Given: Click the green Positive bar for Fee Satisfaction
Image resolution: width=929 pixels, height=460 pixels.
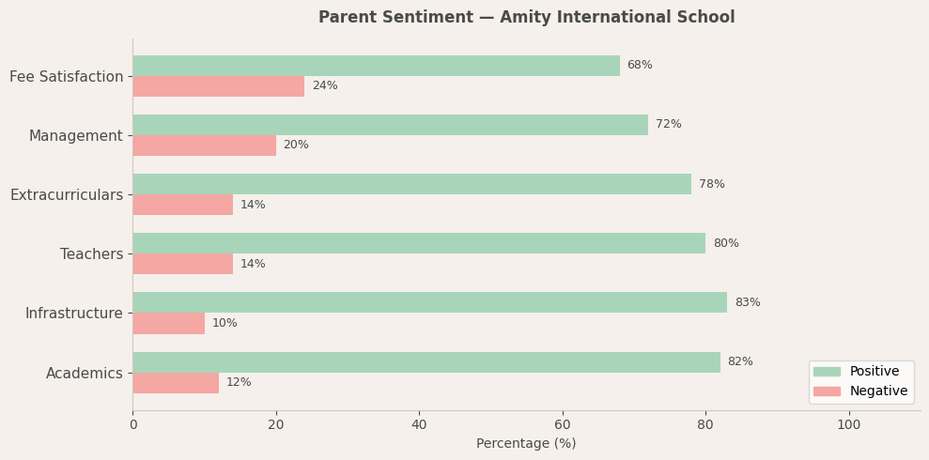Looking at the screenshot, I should click(376, 66).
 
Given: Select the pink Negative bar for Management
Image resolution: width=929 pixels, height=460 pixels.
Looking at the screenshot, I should click(204, 146).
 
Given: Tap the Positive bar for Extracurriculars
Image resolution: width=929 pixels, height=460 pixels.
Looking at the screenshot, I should click(411, 184).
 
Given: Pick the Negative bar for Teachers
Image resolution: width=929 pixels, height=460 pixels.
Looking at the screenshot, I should click(182, 264).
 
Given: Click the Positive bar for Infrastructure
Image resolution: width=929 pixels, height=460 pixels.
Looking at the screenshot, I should click(429, 302).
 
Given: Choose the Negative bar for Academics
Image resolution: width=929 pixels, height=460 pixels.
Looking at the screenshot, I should click(176, 383).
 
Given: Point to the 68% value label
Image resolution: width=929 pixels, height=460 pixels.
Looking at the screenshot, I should click(640, 66).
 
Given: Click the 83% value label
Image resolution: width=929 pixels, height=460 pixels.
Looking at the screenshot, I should click(748, 302).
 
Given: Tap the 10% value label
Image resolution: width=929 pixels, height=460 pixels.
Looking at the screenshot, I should click(225, 324).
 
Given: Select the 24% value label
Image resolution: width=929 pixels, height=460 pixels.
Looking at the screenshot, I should click(325, 86).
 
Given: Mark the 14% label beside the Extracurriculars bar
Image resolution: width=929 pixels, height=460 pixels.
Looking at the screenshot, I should click(253, 206).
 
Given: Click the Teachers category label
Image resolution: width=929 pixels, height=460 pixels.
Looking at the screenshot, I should click(91, 254).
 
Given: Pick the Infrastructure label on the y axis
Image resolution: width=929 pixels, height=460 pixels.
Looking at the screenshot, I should click(73, 314).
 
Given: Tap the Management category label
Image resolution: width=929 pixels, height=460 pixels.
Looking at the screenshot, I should click(75, 136).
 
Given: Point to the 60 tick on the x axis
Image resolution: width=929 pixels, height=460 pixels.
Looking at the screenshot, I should click(563, 425).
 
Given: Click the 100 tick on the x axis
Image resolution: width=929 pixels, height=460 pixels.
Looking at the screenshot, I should click(849, 425).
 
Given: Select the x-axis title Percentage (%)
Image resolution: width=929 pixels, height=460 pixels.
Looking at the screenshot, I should click(526, 444).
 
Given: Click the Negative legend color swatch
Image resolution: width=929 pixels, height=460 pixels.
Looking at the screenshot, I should click(827, 391).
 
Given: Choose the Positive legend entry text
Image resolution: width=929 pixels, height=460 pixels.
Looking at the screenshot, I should click(875, 372).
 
